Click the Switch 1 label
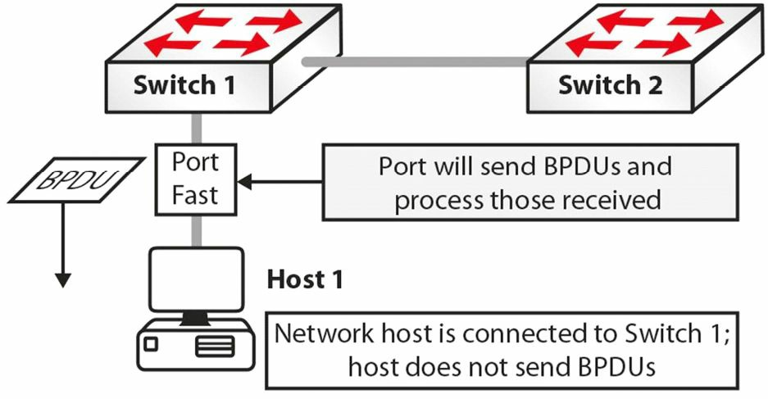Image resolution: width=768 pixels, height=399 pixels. click(x=184, y=84)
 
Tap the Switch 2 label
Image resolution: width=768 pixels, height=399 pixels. click(x=611, y=84)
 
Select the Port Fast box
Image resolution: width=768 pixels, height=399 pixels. click(x=196, y=179)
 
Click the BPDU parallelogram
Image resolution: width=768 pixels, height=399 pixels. click(x=77, y=179)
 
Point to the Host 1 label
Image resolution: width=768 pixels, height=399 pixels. click(x=305, y=279)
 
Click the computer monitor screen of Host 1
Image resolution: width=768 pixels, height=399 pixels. click(x=196, y=279)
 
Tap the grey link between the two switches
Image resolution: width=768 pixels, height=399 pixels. click(x=416, y=61)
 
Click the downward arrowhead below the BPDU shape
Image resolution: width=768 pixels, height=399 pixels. click(x=62, y=280)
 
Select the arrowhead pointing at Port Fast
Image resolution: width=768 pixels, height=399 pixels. click(x=244, y=182)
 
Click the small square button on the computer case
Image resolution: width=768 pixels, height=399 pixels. click(x=151, y=344)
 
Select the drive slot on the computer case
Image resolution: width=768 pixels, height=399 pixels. click(x=215, y=347)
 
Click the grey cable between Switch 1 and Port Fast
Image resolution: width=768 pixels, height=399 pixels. click(x=196, y=129)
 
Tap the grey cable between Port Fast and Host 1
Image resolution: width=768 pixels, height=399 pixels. click(x=196, y=232)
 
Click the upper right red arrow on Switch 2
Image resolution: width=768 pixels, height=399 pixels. click(x=696, y=20)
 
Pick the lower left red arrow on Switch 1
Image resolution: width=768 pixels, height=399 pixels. click(x=171, y=44)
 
